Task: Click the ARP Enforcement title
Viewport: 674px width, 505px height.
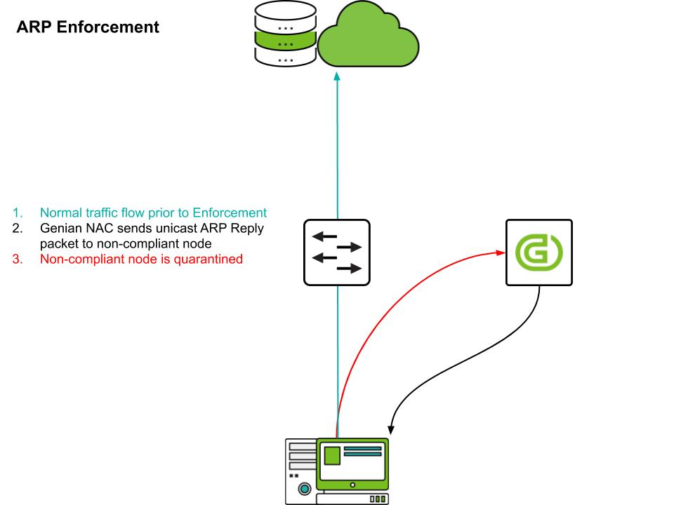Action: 88,27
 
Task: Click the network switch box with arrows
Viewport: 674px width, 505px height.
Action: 337,252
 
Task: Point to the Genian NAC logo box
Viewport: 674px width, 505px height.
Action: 538,252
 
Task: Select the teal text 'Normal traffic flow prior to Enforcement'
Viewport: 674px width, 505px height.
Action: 153,213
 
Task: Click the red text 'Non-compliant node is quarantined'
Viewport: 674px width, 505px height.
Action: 141,259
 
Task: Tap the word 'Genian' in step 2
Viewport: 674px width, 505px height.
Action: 60,228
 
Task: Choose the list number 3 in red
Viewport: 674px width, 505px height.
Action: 16,259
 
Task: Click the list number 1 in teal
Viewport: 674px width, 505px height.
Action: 16,213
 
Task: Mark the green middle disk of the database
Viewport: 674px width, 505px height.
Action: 285,43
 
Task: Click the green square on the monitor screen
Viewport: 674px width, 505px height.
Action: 331,455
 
